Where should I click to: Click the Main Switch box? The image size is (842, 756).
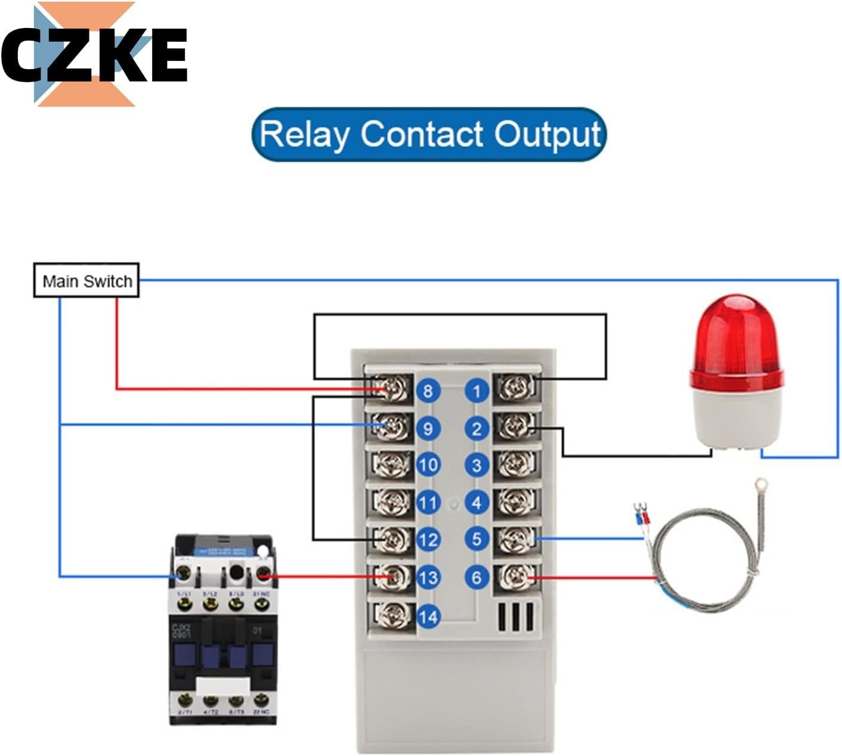pyautogui.click(x=86, y=281)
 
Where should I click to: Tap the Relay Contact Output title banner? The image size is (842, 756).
pyautogui.click(x=429, y=134)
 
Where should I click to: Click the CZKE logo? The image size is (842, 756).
pyautogui.click(x=94, y=54)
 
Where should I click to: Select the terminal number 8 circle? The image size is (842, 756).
pyautogui.click(x=428, y=391)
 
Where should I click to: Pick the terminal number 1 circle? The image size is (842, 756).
pyautogui.click(x=476, y=391)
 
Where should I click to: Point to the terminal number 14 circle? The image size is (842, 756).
pyautogui.click(x=428, y=616)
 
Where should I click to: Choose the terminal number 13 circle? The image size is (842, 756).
pyautogui.click(x=428, y=577)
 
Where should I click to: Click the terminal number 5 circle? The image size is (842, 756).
pyautogui.click(x=476, y=539)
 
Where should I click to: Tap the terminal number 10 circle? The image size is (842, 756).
pyautogui.click(x=428, y=465)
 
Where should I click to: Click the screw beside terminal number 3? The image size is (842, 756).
pyautogui.click(x=516, y=464)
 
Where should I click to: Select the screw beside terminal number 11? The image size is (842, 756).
pyautogui.click(x=392, y=503)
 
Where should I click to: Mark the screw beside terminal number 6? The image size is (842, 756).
pyautogui.click(x=516, y=577)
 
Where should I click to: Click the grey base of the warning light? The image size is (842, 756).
pyautogui.click(x=736, y=414)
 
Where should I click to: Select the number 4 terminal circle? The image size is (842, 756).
pyautogui.click(x=476, y=503)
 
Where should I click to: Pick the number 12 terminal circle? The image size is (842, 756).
pyautogui.click(x=428, y=540)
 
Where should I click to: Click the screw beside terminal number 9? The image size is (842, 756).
pyautogui.click(x=392, y=427)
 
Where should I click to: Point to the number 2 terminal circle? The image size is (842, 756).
pyautogui.click(x=476, y=428)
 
